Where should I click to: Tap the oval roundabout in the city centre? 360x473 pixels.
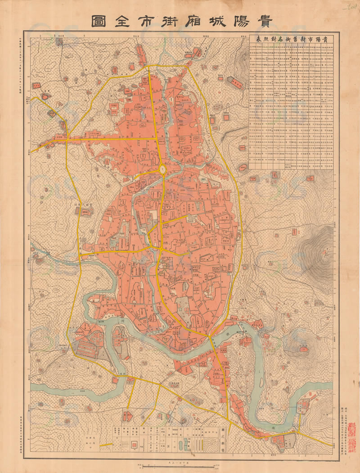point(162,170)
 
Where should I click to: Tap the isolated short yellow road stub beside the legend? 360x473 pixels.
point(107,445)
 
